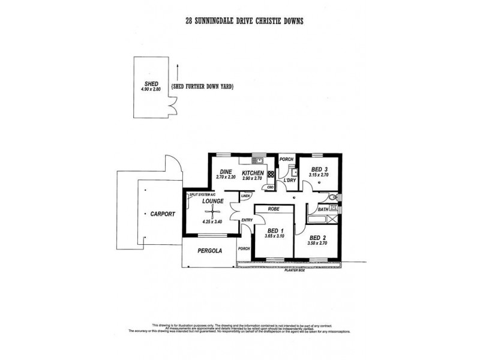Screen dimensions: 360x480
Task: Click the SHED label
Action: [x=151, y=83]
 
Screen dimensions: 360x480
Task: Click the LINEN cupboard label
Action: [x=245, y=196]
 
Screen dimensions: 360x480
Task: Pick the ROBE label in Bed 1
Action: [x=275, y=209]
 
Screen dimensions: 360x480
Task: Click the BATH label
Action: [x=323, y=209]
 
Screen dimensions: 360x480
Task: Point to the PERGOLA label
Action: [x=211, y=251]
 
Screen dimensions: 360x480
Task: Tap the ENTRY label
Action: [x=247, y=221]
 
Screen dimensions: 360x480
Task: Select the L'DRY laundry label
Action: [x=292, y=179]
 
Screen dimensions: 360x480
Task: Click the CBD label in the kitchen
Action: [x=271, y=187]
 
